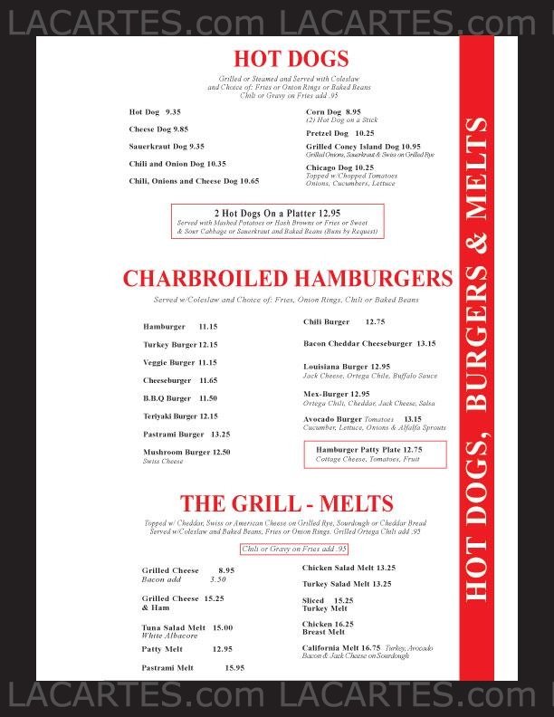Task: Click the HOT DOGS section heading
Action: (291, 59)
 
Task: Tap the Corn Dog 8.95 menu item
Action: (327, 111)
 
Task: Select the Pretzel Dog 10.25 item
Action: (339, 132)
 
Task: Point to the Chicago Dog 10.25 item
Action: (339, 167)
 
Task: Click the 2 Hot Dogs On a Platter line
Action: (278, 213)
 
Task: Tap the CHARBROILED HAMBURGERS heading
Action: (287, 278)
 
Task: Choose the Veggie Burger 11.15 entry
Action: (180, 362)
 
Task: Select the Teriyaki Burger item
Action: (180, 416)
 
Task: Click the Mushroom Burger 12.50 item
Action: (186, 452)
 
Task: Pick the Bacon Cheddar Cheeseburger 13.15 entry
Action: (368, 343)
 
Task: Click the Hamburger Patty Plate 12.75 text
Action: (368, 449)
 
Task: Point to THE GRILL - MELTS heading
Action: (286, 504)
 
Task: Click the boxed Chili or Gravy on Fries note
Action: (294, 550)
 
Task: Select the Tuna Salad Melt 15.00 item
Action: (186, 627)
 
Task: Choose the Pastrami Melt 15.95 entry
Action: (193, 667)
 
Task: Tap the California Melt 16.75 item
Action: (340, 647)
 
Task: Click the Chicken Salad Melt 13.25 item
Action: (349, 568)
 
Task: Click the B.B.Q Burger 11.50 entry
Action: (180, 397)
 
